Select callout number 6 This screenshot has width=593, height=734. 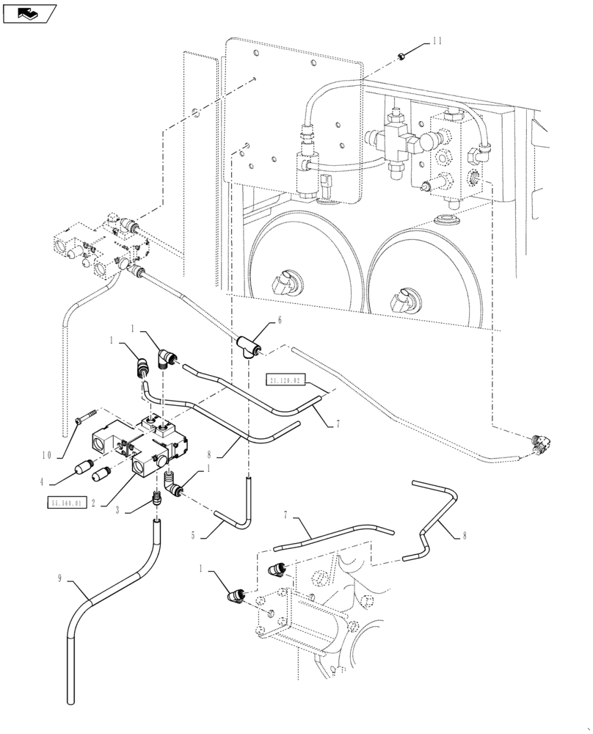(279, 319)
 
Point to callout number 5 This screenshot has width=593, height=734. (193, 536)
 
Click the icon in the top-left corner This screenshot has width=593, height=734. (29, 12)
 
